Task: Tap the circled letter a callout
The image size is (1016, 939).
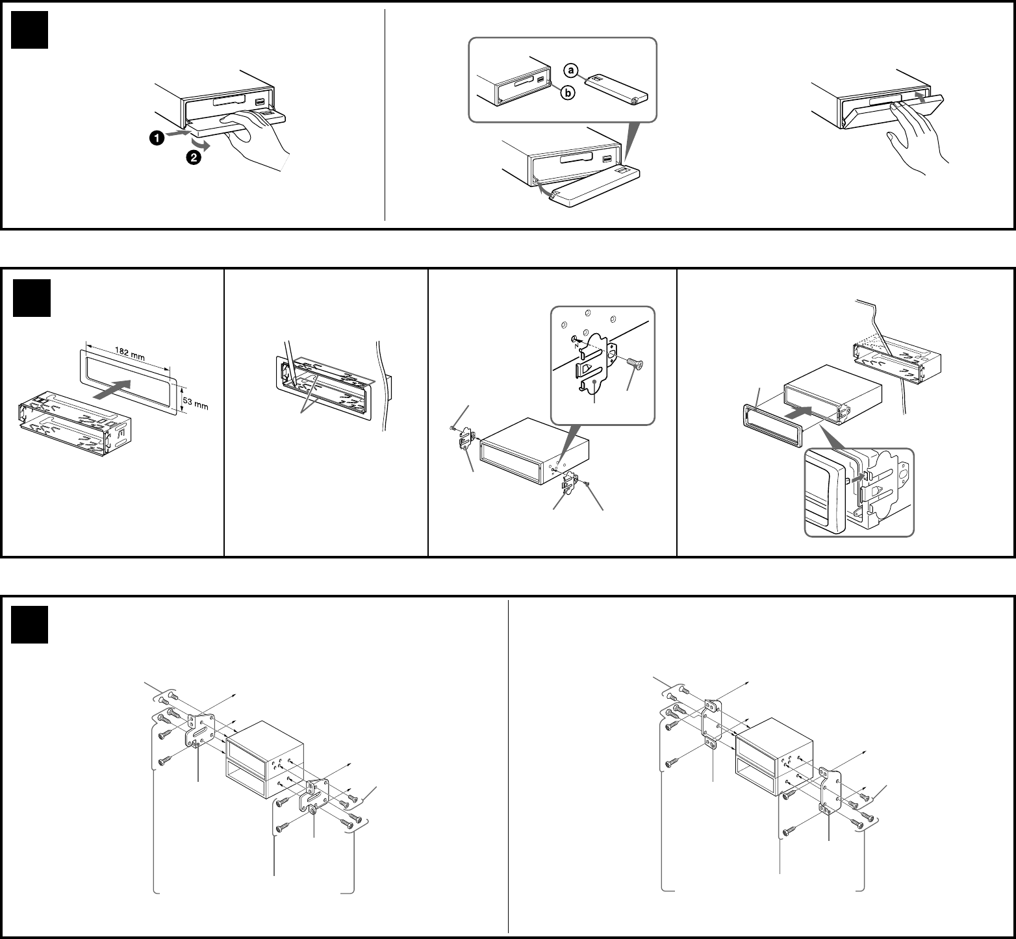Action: click(570, 69)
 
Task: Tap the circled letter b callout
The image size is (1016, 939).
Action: click(568, 94)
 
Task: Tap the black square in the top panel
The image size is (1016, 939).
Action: click(30, 30)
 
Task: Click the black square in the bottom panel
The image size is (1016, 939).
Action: click(30, 625)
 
